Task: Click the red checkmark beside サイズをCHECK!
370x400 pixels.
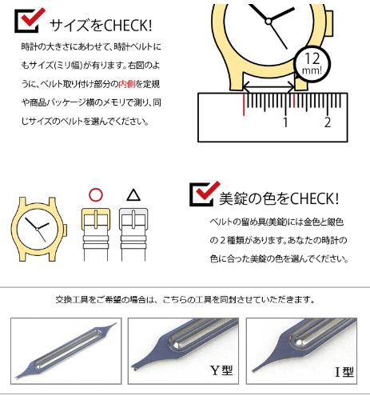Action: pyautogui.click(x=32, y=18)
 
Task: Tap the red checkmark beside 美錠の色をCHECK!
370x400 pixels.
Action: pyautogui.click(x=207, y=191)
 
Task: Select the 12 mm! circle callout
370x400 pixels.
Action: pyautogui.click(x=312, y=64)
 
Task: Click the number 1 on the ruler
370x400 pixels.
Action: pyautogui.click(x=285, y=122)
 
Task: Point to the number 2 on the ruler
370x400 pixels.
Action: pyautogui.click(x=328, y=122)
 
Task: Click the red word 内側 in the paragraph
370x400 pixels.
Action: pyautogui.click(x=127, y=84)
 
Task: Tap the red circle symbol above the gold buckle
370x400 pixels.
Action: pyautogui.click(x=96, y=195)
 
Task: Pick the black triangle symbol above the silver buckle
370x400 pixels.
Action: pyautogui.click(x=133, y=195)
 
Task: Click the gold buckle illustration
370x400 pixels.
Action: pyautogui.click(x=96, y=219)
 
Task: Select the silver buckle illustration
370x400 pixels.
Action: pyautogui.click(x=133, y=219)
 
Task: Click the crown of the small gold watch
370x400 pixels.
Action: pyautogui.click(x=65, y=230)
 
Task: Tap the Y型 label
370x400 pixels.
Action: pyautogui.click(x=221, y=370)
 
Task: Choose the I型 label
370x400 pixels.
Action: pyautogui.click(x=344, y=372)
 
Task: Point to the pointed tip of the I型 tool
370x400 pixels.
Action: pyautogui.click(x=253, y=370)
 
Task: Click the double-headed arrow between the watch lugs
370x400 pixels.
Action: pyautogui.click(x=269, y=87)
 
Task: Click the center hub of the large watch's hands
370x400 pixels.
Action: pyautogui.click(x=269, y=21)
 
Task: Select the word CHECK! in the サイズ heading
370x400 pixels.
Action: pyautogui.click(x=128, y=26)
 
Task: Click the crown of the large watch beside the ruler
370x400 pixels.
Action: pyautogui.click(x=330, y=23)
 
